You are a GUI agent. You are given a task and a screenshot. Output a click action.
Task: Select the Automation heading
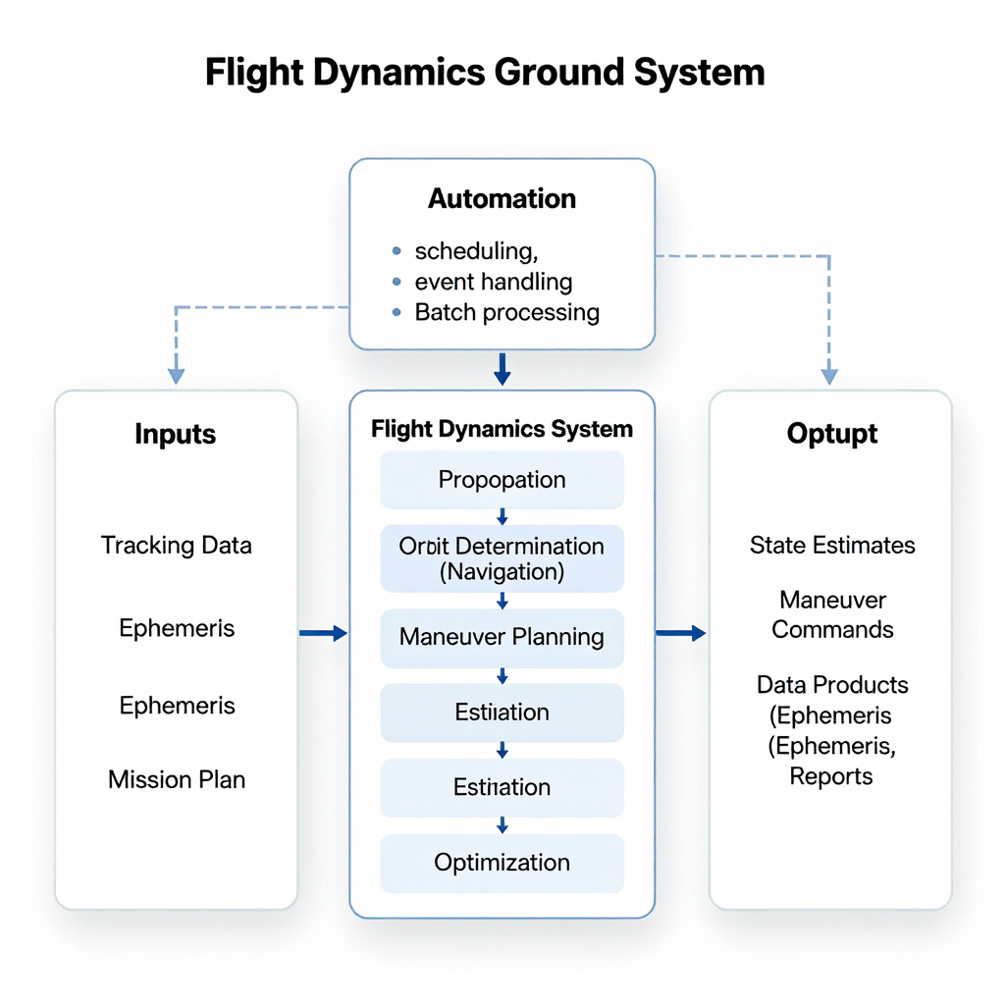pos(502,198)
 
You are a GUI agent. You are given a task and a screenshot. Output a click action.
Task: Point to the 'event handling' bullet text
pos(494,282)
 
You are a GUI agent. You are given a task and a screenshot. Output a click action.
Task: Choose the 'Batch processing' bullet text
pos(506,313)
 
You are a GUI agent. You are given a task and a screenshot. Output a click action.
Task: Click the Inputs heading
pos(176,434)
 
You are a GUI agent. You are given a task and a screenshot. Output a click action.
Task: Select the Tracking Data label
pos(177,546)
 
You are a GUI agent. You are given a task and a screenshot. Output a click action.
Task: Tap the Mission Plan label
pos(177,780)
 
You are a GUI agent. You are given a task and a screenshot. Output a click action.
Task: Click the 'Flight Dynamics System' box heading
pos(502,429)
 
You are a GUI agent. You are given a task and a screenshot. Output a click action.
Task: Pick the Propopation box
pos(502,480)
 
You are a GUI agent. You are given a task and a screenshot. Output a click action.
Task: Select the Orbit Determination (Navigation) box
pos(502,559)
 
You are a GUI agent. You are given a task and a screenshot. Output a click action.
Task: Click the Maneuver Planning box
pos(502,637)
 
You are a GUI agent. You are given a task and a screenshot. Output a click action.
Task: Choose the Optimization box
pos(502,863)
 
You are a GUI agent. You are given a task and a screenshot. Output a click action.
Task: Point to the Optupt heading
pos(831,434)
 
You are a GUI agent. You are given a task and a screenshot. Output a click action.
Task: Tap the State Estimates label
pos(832,546)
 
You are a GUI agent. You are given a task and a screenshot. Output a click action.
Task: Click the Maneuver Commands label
pos(832,614)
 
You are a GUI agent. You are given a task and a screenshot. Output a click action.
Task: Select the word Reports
pos(831,776)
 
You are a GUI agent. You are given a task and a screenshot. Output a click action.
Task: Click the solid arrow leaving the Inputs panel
pos(323,634)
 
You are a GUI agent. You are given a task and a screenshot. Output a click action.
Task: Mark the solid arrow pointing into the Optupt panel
pos(681,634)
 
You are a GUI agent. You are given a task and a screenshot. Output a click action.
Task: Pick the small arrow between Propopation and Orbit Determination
pos(502,517)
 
